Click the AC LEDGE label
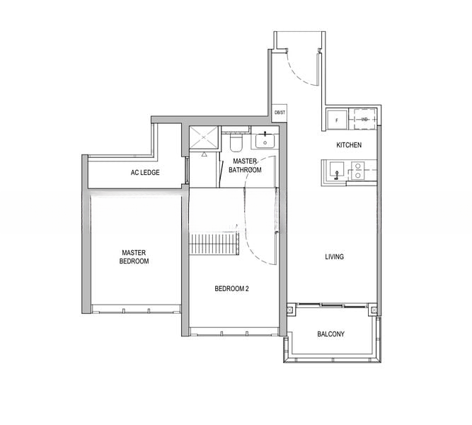tap(144, 172)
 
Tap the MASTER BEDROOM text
tap(134, 256)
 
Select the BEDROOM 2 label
tap(231, 288)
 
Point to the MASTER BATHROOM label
tap(247, 166)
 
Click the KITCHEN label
tap(349, 145)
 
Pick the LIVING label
tap(334, 257)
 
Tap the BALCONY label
tap(330, 334)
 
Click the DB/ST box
tap(280, 113)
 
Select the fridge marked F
tap(336, 119)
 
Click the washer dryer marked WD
tap(364, 119)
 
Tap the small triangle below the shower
tap(204, 152)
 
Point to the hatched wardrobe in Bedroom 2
tap(216, 246)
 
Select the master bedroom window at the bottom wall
tap(134, 307)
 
